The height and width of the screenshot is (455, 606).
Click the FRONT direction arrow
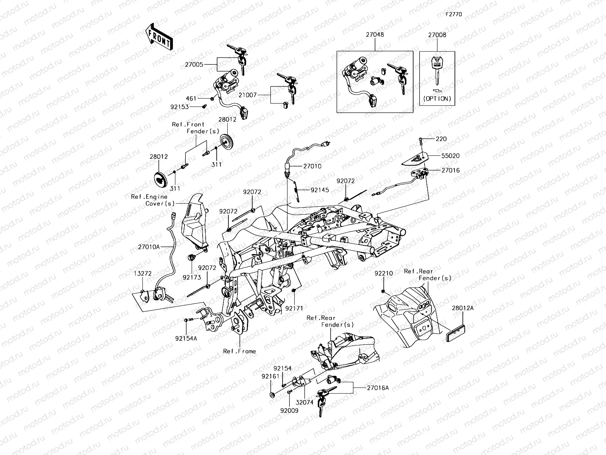pos(158,36)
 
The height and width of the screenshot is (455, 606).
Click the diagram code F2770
pos(453,14)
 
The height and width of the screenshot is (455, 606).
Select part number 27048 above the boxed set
pos(375,35)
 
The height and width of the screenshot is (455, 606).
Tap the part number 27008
pos(437,35)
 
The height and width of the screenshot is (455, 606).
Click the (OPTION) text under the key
pos(437,99)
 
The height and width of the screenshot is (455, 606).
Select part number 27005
pos(205,65)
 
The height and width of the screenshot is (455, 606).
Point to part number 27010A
pos(149,247)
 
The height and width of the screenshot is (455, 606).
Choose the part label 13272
pos(142,273)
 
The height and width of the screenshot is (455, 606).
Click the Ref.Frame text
pos(239,351)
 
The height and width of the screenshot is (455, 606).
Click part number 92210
pos(384,273)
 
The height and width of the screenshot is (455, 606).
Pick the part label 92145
pos(320,190)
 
